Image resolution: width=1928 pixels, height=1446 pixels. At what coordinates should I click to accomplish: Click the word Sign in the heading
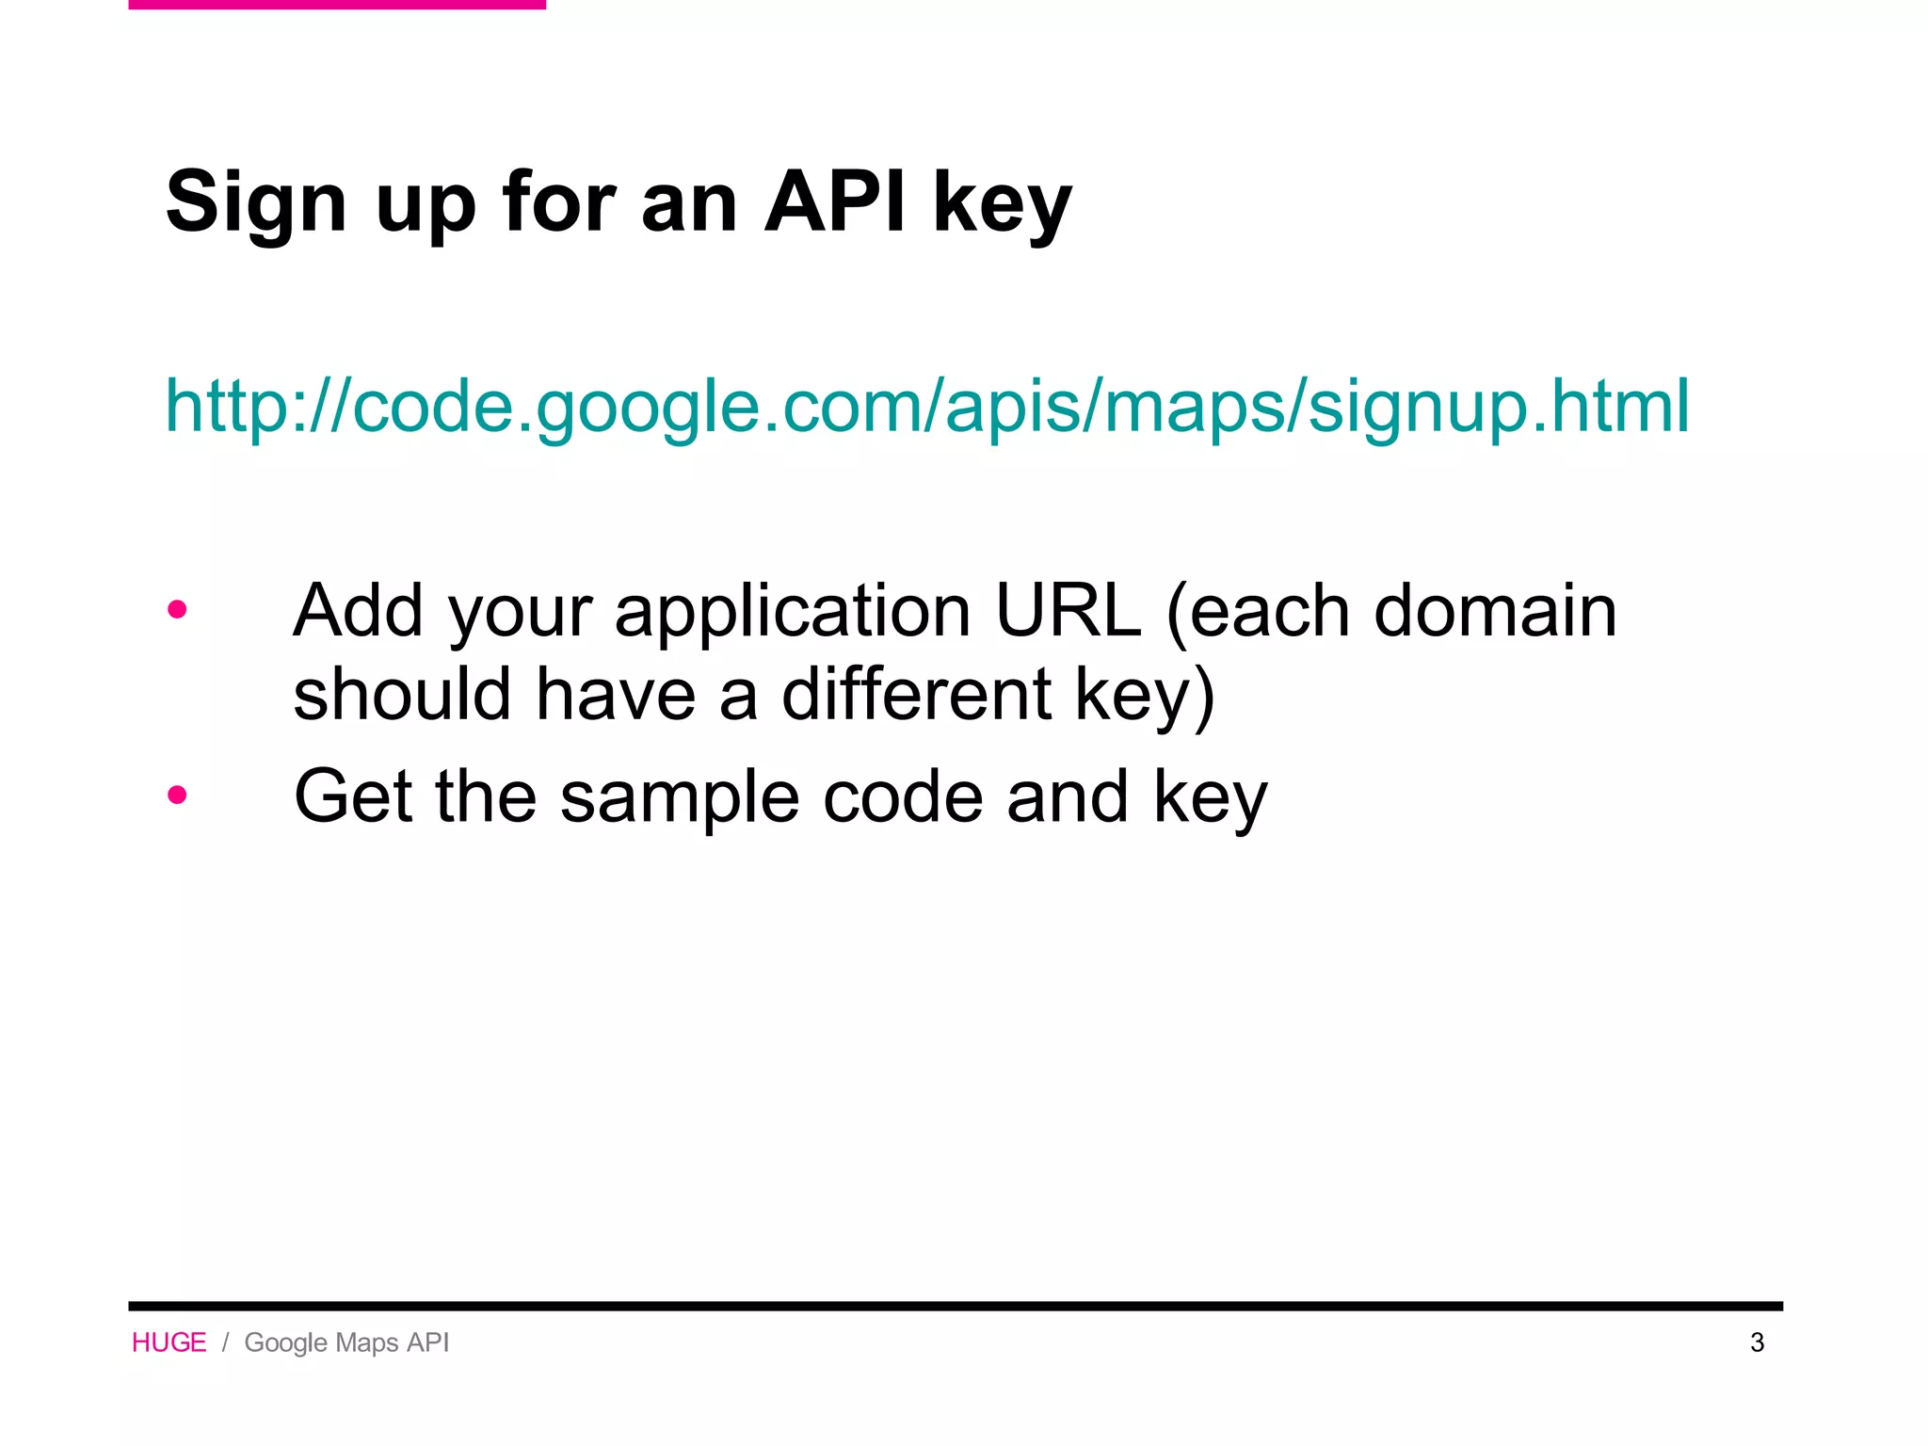[x=256, y=202]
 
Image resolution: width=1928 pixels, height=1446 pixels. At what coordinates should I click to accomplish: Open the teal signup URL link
[x=927, y=406]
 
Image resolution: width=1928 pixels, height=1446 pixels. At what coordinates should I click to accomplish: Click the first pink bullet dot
[x=177, y=610]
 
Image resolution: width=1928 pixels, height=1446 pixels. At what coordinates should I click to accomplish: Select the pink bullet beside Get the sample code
[x=177, y=795]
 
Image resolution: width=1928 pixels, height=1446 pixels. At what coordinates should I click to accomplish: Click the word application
[x=793, y=612]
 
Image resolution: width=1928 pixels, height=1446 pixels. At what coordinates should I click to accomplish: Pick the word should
[x=402, y=694]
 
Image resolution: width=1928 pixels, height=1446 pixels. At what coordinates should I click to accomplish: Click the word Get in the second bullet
[x=353, y=796]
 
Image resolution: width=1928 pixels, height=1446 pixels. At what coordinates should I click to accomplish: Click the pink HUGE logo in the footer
[x=169, y=1342]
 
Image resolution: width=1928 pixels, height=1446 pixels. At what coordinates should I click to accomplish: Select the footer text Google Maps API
[x=346, y=1342]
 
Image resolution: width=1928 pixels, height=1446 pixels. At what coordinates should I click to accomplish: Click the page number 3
[x=1757, y=1342]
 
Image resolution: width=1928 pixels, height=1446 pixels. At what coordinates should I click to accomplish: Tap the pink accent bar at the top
[x=337, y=5]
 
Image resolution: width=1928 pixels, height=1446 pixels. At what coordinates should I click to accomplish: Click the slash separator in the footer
[x=226, y=1342]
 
